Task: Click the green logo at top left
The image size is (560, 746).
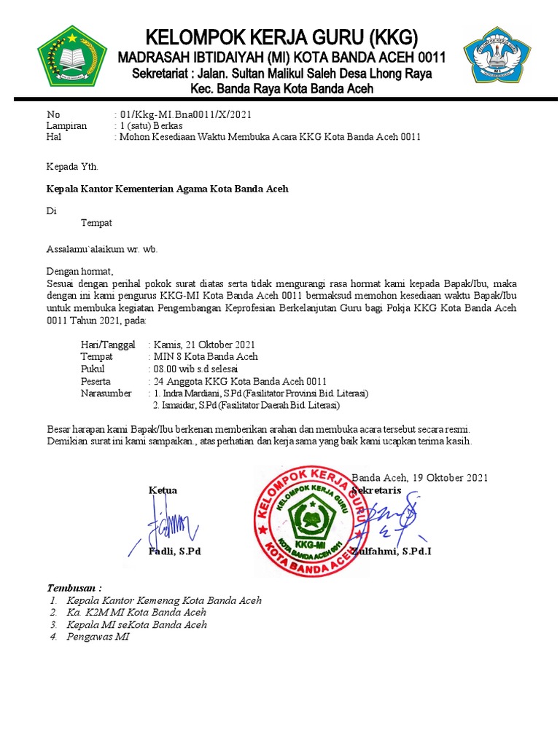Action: pos(71,55)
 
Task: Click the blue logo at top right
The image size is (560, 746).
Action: pos(493,57)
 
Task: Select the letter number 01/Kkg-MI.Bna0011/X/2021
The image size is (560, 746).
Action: pos(186,114)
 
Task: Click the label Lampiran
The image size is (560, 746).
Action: pos(66,125)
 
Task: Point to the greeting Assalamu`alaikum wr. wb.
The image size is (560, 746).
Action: pos(102,248)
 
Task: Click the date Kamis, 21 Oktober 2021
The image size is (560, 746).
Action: pos(204,345)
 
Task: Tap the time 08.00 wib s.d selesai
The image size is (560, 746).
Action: pos(196,369)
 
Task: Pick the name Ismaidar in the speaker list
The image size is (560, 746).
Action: pos(179,405)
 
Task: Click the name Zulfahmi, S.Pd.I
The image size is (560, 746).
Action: pos(392,551)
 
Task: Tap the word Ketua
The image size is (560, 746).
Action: pos(163,490)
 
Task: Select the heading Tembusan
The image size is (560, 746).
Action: pos(74,588)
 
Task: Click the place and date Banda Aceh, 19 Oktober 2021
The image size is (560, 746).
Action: pos(419,478)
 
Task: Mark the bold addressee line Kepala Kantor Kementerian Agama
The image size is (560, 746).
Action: pos(168,189)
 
